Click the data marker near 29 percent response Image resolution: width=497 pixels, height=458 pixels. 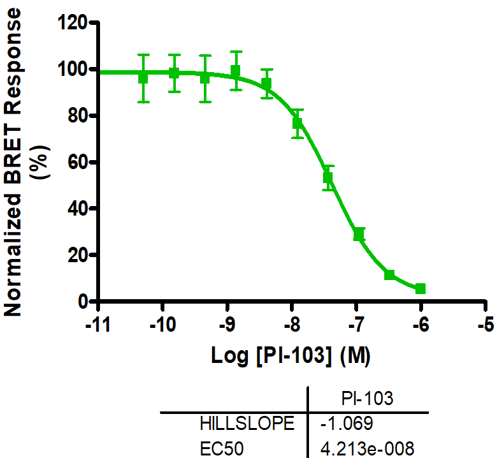pos(359,234)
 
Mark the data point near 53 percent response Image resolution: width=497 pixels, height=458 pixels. pos(328,177)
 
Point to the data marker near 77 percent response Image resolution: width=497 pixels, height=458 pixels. pos(298,123)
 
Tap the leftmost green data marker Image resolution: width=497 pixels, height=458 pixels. pos(143,78)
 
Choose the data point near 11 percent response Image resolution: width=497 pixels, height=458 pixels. pos(389,275)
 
